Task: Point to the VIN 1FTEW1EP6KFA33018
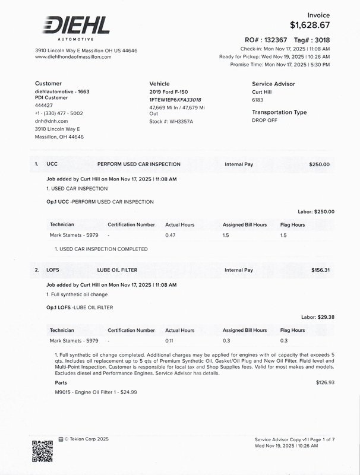175,100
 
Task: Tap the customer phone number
59,113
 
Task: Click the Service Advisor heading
273,84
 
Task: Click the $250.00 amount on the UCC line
319,164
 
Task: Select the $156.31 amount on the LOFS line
320,270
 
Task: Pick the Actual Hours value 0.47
170,236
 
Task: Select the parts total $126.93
325,383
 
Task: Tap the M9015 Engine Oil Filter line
88,392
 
